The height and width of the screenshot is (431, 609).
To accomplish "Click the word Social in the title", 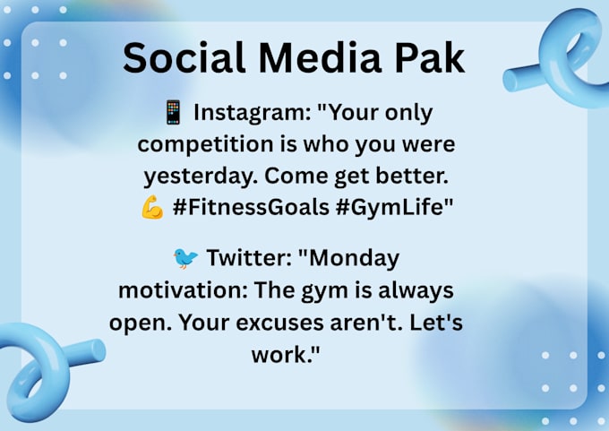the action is point(184,57).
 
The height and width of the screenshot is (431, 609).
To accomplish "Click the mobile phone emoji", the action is point(173,112).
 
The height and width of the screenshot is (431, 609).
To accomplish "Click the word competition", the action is point(205,145).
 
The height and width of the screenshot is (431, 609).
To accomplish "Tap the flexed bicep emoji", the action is point(152,207).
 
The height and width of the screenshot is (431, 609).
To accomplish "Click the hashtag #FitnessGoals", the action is point(251,207).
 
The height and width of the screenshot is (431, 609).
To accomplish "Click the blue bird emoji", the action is point(185,258).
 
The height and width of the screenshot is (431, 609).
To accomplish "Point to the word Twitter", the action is point(249,258).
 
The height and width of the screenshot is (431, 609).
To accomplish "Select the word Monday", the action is point(354,259).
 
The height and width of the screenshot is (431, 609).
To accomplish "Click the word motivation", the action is point(183,290).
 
